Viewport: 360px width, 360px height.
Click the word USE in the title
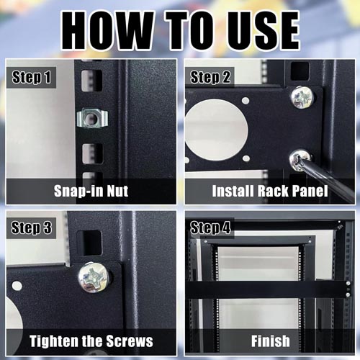[264, 31]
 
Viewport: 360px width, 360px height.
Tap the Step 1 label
[32, 77]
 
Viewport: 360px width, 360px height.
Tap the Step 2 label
[210, 77]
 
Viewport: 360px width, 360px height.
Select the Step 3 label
[32, 228]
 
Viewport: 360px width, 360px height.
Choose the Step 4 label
[210, 228]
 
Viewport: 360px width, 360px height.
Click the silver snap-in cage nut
[92, 118]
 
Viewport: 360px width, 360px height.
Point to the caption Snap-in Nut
[91, 191]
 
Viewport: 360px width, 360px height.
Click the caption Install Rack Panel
[270, 191]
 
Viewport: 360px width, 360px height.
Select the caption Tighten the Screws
[91, 341]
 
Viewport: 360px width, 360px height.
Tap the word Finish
[271, 341]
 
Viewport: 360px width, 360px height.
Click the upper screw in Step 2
[302, 98]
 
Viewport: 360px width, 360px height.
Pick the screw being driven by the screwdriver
[300, 160]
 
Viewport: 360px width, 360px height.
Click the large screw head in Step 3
[94, 278]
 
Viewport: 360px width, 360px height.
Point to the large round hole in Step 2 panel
[216, 130]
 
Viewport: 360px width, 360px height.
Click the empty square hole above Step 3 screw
[90, 243]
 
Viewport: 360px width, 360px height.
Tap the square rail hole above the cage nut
[91, 81]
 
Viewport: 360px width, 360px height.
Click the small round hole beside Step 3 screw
[17, 286]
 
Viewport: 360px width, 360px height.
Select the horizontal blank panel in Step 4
[269, 289]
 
